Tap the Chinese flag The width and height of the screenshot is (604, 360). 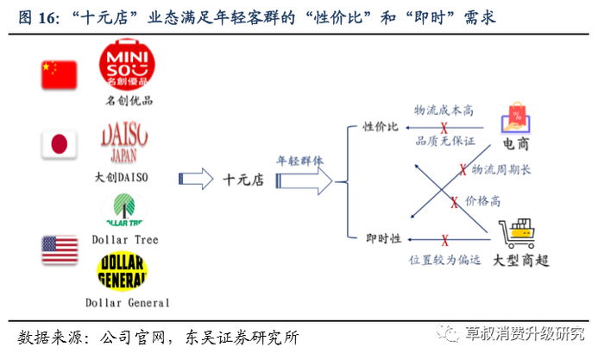pos(59,76)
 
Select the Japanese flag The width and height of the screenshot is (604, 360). pos(59,144)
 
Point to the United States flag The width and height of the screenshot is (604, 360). pos(60,249)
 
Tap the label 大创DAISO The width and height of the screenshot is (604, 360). pos(122,177)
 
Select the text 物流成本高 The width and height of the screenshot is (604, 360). pos(445,111)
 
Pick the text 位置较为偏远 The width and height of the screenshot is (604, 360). pos(444,258)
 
